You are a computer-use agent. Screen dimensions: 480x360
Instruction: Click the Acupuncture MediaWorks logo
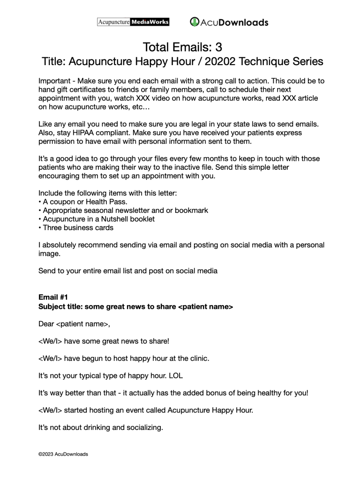pyautogui.click(x=133, y=22)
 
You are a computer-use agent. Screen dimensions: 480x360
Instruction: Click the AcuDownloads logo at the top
pyautogui.click(x=229, y=22)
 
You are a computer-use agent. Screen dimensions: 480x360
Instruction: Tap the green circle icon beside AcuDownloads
pyautogui.click(x=195, y=22)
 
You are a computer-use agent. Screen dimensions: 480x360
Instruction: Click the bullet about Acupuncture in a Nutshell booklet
pyautogui.click(x=98, y=219)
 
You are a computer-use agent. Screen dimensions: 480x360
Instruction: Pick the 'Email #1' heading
pyautogui.click(x=53, y=297)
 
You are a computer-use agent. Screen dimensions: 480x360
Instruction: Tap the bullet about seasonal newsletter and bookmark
pyautogui.click(x=125, y=210)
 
